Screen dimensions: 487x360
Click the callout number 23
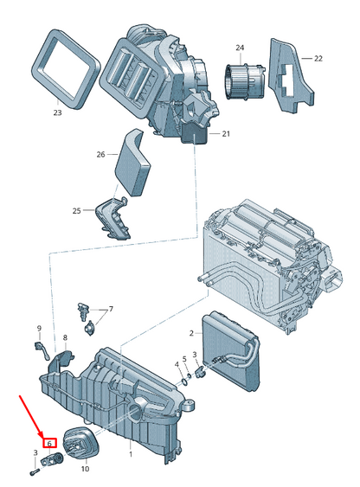57,112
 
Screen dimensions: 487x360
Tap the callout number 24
240,48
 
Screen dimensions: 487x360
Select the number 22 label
318,59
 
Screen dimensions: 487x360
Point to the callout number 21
226,134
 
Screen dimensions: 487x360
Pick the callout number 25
100,211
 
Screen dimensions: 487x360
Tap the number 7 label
110,309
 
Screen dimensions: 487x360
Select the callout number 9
38,327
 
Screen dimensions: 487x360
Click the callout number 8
65,337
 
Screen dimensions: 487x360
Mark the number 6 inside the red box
50,443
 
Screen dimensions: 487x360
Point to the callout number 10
85,468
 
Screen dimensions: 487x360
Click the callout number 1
131,454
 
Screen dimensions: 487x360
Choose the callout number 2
190,332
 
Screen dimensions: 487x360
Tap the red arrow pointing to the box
32,416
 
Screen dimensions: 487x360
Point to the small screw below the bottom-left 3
34,471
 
